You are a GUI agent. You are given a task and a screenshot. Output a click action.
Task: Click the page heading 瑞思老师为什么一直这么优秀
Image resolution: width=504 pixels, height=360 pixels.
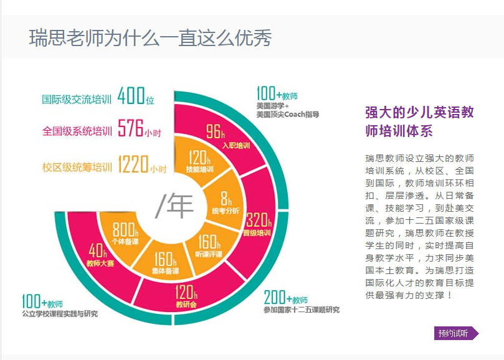[x=151, y=38]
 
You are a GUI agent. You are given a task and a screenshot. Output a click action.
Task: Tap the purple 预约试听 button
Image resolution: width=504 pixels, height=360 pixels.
[x=455, y=333]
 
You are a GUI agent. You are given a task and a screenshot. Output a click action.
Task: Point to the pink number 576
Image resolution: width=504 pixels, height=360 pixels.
[x=131, y=130]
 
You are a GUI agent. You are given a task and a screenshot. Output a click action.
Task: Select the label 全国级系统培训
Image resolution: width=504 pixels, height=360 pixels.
[x=77, y=131]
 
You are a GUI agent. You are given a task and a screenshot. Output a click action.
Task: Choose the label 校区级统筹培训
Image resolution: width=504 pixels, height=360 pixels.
[x=77, y=168]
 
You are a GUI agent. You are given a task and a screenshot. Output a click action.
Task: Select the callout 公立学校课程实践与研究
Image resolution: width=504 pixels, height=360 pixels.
[x=60, y=314]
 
